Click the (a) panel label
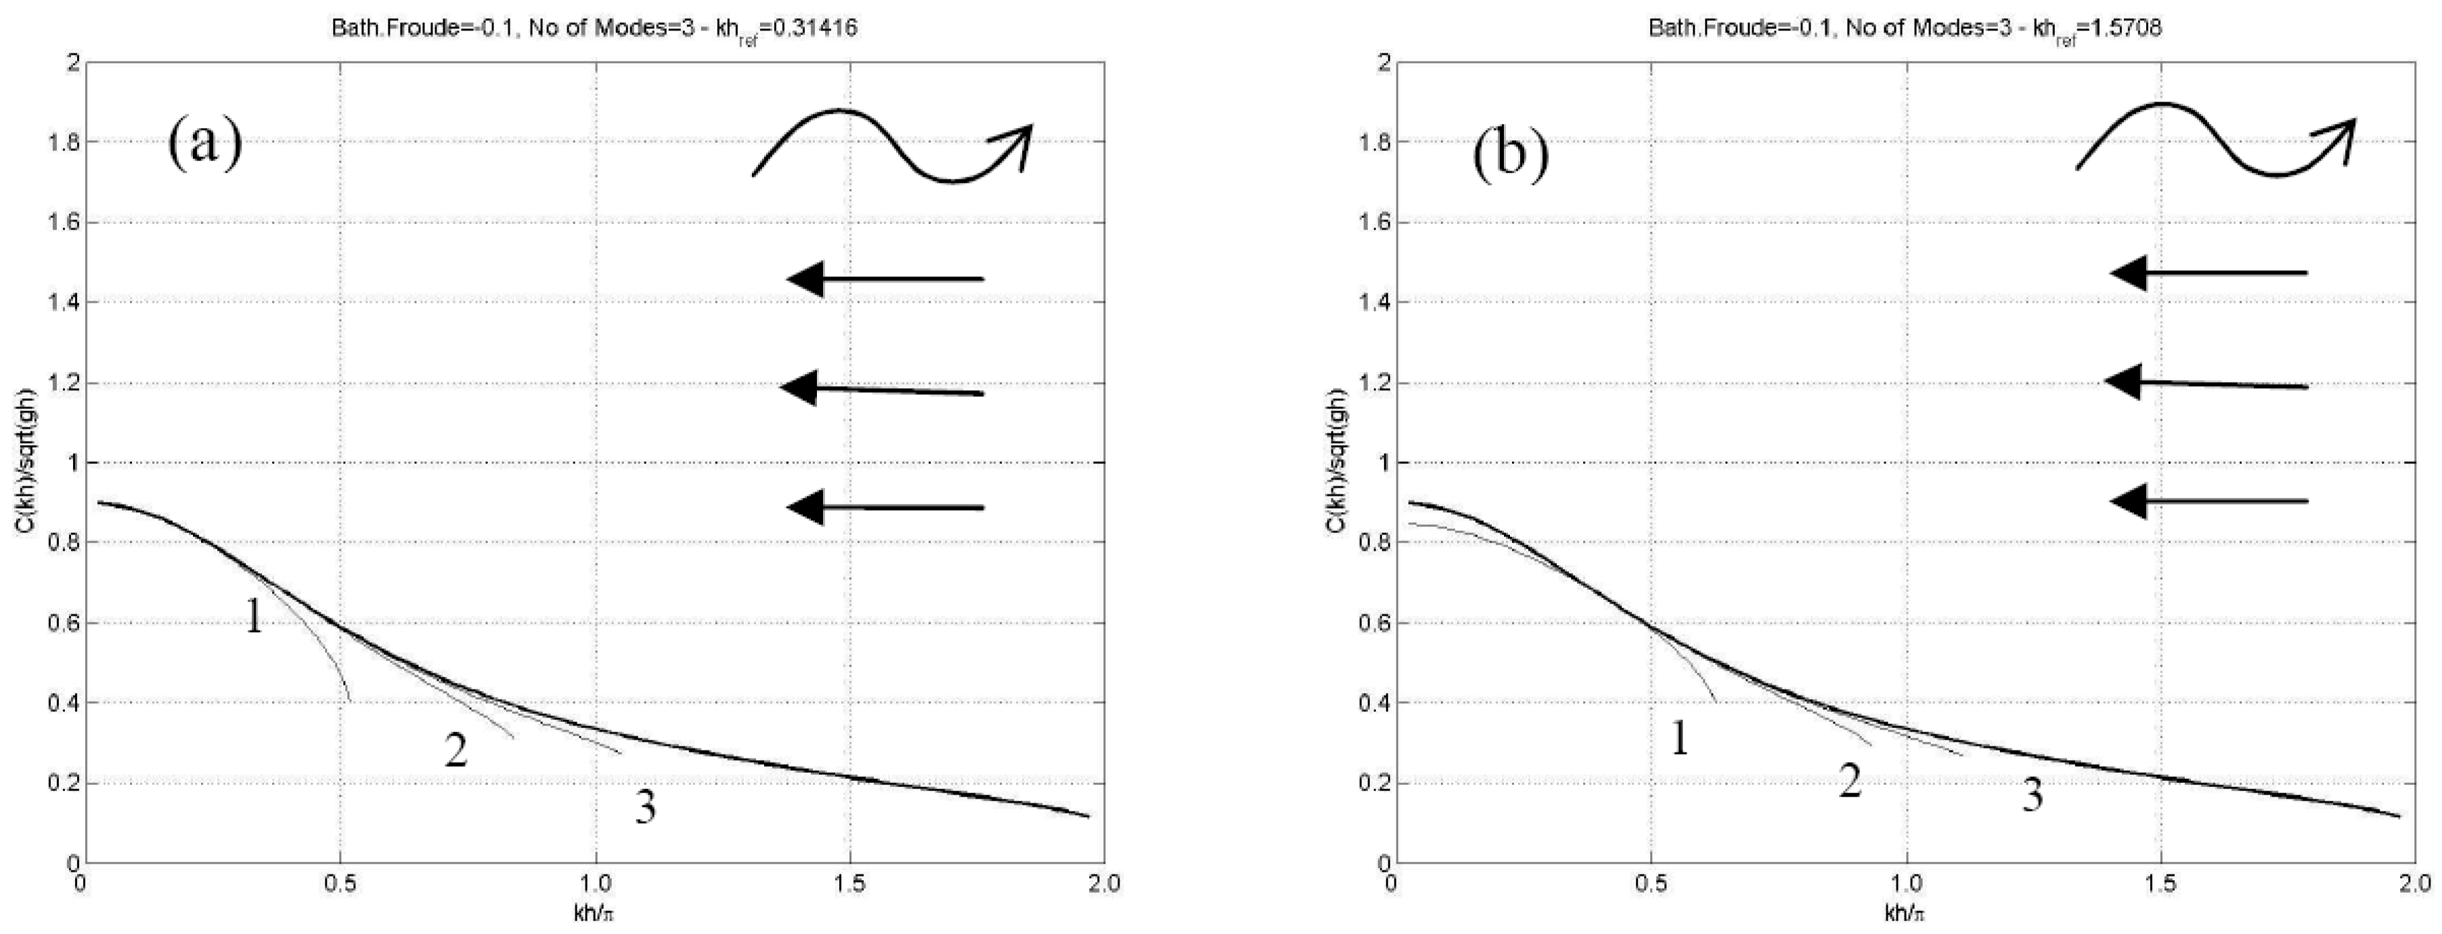tap(205, 145)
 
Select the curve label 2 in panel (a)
tap(456, 751)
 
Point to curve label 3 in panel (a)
tap(646, 808)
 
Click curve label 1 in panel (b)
tap(1679, 738)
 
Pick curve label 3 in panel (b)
tap(2033, 794)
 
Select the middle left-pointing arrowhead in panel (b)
tap(2123, 382)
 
